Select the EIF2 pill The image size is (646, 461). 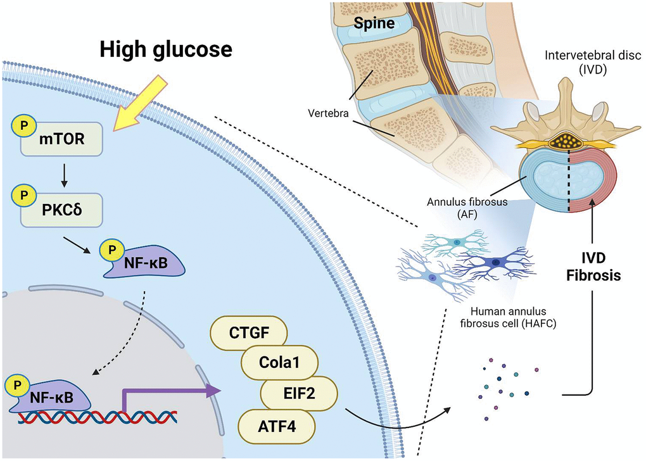pyautogui.click(x=296, y=395)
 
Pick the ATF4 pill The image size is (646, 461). pyautogui.click(x=277, y=426)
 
